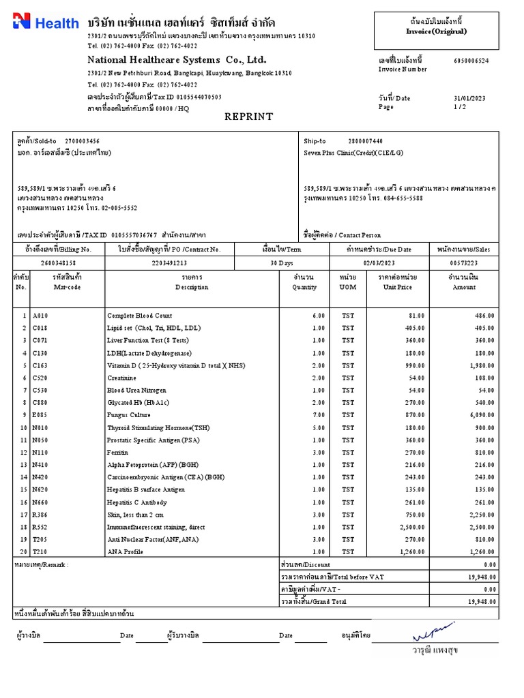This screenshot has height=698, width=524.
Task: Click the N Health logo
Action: pyautogui.click(x=46, y=22)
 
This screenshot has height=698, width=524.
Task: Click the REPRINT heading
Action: pyautogui.click(x=249, y=117)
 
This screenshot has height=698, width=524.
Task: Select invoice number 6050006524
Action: pyautogui.click(x=471, y=60)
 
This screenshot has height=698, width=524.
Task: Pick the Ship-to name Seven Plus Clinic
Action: pyautogui.click(x=353, y=153)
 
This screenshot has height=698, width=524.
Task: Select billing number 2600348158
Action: pyautogui.click(x=59, y=262)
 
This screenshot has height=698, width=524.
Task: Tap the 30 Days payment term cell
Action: pyautogui.click(x=280, y=262)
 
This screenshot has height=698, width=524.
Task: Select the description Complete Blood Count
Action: pyautogui.click(x=139, y=316)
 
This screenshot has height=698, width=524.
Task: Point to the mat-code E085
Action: pyautogui.click(x=40, y=415)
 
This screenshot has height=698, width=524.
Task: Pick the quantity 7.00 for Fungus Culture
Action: pyautogui.click(x=318, y=415)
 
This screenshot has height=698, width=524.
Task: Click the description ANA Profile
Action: pyautogui.click(x=125, y=552)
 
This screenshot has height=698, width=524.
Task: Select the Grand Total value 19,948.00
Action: pyautogui.click(x=482, y=602)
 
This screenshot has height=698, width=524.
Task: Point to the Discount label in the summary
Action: pyautogui.click(x=306, y=565)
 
